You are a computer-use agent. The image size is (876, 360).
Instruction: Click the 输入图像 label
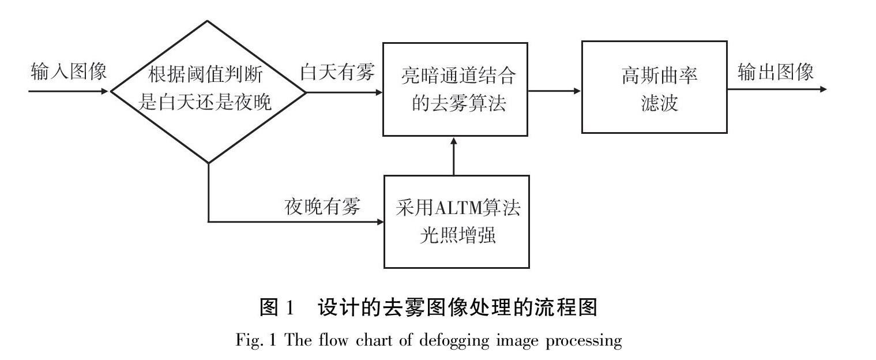[69, 72]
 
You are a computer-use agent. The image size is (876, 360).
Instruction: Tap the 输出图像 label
[776, 72]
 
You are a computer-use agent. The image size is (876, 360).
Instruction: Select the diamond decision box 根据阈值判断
[208, 91]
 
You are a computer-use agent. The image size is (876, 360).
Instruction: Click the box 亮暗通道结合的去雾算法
[455, 89]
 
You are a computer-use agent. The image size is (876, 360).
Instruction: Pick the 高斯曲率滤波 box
[653, 87]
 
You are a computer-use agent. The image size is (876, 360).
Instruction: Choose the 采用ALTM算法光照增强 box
[456, 222]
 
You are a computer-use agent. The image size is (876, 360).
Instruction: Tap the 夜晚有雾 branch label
[322, 206]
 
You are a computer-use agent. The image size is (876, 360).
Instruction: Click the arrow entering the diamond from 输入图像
[69, 91]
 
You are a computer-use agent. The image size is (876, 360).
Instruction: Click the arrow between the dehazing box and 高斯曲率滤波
[554, 91]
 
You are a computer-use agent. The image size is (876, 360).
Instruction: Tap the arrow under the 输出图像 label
[776, 89]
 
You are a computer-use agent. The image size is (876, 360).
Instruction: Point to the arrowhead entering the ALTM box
[379, 222]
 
